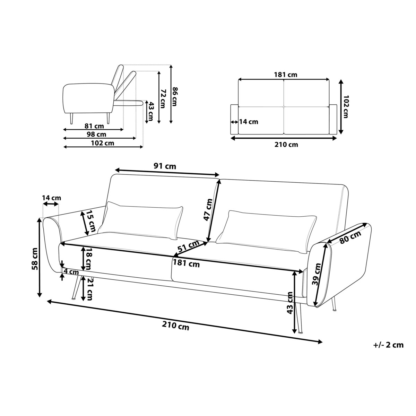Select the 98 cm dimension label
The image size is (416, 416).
(96, 134)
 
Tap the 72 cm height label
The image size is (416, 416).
(163, 99)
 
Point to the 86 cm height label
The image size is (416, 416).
(175, 96)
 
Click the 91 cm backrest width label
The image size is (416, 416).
(165, 166)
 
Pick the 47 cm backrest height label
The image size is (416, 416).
(208, 210)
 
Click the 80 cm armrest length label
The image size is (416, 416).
(350, 237)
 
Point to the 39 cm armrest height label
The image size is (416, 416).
(317, 274)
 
